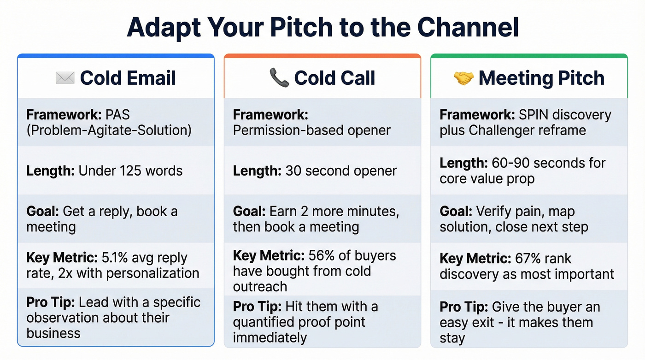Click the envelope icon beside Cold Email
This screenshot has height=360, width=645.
[65, 78]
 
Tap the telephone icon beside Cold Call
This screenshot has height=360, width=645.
[279, 78]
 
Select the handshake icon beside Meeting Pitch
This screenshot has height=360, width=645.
[463, 78]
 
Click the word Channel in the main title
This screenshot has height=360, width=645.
[468, 28]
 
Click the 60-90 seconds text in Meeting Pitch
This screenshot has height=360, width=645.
[522, 163]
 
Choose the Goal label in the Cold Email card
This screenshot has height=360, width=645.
[42, 212]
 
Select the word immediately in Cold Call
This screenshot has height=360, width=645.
[270, 337]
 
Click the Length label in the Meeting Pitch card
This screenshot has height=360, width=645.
[462, 163]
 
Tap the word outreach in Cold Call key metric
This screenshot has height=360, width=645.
[260, 286]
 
